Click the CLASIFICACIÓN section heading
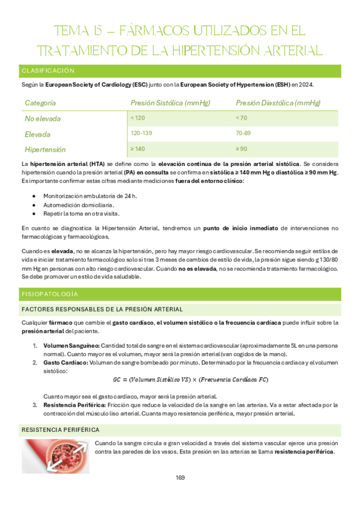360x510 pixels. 48,71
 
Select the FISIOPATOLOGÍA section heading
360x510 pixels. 50,295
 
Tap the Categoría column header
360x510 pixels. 41,103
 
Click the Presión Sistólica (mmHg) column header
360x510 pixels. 166,103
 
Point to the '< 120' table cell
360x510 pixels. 138,118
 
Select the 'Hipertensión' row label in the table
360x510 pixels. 45,149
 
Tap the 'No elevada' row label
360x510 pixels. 43,118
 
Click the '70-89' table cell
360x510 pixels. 243,133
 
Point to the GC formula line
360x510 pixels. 191,379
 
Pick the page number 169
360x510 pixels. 180,478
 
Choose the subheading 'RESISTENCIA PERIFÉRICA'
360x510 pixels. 60,430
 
